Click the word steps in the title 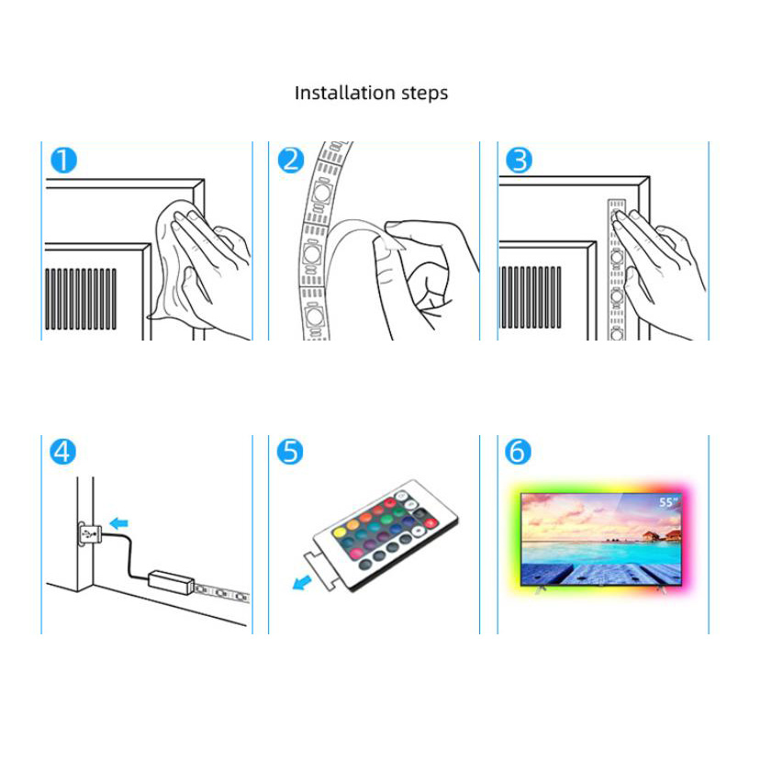(425, 94)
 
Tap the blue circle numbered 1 (64, 161)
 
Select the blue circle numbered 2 (291, 161)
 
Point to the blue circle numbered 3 (519, 161)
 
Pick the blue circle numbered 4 (63, 452)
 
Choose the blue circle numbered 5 (290, 452)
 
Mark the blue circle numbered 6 (518, 452)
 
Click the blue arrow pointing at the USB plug (118, 523)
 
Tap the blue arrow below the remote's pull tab (302, 583)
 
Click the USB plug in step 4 (90, 534)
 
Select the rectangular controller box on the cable (171, 582)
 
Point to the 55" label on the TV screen (669, 502)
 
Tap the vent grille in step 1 (81, 299)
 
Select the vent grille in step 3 (531, 297)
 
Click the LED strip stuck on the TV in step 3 (617, 270)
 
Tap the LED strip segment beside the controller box (221, 593)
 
